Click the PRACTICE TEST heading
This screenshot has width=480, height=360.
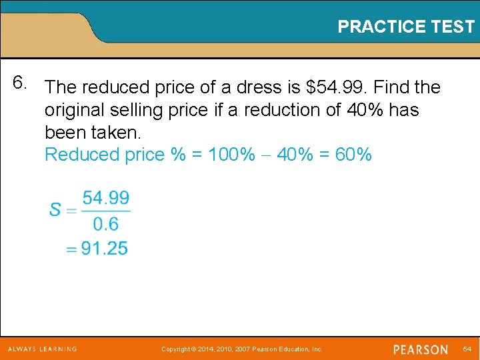405,27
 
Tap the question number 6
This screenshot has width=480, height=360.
21,83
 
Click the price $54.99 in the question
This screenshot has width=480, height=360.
336,87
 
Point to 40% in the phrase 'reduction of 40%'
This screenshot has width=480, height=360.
365,110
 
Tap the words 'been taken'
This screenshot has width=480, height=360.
93,132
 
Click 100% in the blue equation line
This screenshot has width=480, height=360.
231,155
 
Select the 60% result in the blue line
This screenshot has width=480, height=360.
353,155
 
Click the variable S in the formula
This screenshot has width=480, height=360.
55,210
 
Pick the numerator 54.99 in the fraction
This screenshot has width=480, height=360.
106,198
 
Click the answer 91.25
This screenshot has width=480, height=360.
104,249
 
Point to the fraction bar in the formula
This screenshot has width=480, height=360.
106,211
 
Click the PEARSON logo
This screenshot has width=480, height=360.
420,349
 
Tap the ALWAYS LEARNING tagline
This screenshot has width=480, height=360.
43,349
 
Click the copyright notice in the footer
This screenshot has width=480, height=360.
243,349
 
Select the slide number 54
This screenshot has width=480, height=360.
467,349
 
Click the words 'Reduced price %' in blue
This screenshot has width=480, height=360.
115,155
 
